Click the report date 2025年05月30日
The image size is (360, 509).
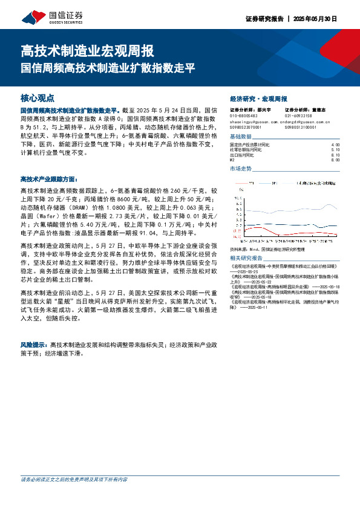tap(316, 18)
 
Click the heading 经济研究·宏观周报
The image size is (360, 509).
tap(259, 99)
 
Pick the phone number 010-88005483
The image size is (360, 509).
tap(244, 116)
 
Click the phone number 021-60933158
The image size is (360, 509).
tap(298, 116)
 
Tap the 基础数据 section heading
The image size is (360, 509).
tap(240, 137)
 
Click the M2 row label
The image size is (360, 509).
tap(232, 160)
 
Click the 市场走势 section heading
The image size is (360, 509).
tap(240, 169)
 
